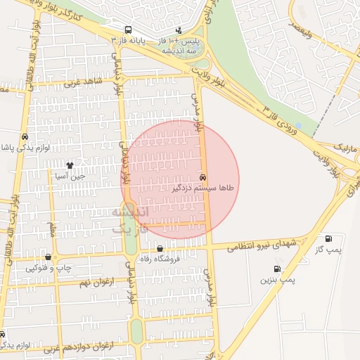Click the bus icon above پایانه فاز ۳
(x=127, y=30)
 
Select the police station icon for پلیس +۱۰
(x=179, y=30)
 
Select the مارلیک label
(x=345, y=150)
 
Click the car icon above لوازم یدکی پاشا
(x=25, y=137)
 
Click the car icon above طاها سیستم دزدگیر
(x=203, y=178)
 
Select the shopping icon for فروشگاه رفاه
(x=160, y=248)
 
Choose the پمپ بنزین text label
(x=278, y=279)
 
